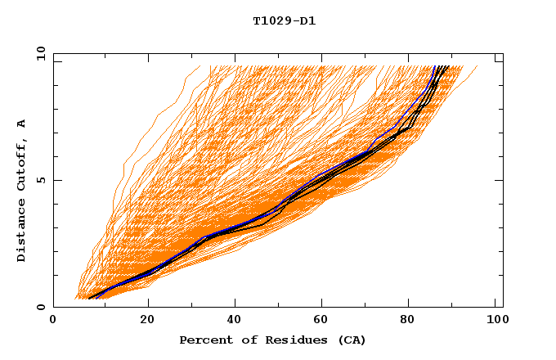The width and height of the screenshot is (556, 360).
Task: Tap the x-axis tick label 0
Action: point(53,320)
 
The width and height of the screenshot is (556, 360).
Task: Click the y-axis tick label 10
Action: point(40,53)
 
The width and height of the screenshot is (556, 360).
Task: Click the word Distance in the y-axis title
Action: point(22,230)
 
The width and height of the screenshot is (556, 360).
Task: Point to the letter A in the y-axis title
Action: point(22,124)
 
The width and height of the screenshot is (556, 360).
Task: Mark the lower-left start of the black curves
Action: point(88,298)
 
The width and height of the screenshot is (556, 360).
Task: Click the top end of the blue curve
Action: point(434,66)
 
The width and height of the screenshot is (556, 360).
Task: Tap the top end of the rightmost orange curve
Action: point(478,66)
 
